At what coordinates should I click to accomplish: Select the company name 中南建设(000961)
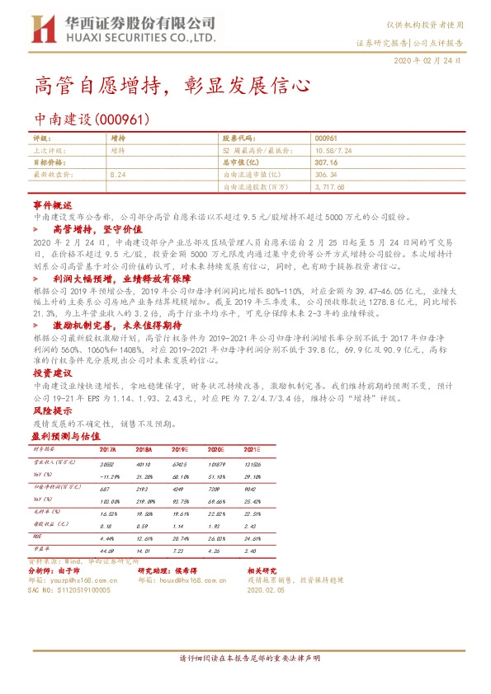click(x=92, y=120)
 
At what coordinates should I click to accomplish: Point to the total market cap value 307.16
click(x=328, y=163)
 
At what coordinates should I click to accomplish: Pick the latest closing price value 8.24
click(x=118, y=175)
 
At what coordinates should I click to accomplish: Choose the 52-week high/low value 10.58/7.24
click(x=333, y=152)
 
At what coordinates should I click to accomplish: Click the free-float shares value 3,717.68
click(x=333, y=187)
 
